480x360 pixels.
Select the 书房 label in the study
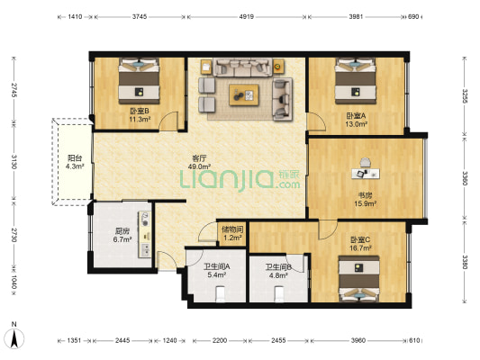click(x=366, y=195)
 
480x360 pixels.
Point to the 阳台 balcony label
click(x=75, y=158)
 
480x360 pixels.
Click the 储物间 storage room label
click(x=232, y=229)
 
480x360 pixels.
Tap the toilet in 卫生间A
click(x=221, y=293)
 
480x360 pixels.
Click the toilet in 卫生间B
click(x=279, y=293)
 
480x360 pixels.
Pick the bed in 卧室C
click(x=359, y=278)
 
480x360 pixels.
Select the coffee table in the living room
click(x=244, y=95)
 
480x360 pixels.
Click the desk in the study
click(x=366, y=174)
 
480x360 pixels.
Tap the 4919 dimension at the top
click(x=247, y=16)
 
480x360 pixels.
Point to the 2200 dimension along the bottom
click(x=220, y=340)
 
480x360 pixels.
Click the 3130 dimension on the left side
click(x=14, y=161)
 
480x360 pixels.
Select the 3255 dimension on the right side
click(x=465, y=96)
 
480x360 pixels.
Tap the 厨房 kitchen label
click(x=122, y=231)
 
